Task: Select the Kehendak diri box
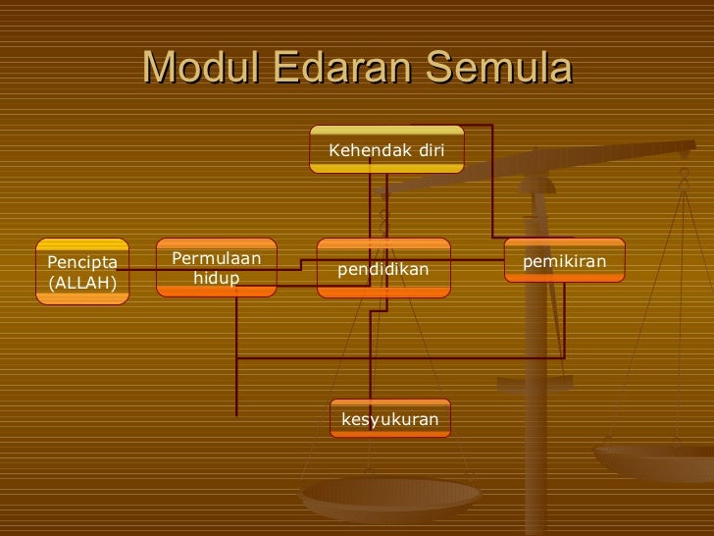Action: pos(386,150)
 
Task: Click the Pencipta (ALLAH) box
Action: pos(82,272)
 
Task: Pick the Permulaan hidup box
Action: pos(217,267)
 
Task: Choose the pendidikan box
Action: pos(384,267)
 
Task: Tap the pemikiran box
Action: pos(565,260)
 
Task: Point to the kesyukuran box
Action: pos(389,420)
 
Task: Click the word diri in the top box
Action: pos(432,150)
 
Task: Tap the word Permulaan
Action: pos(217,258)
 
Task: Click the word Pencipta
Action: pos(82,262)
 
